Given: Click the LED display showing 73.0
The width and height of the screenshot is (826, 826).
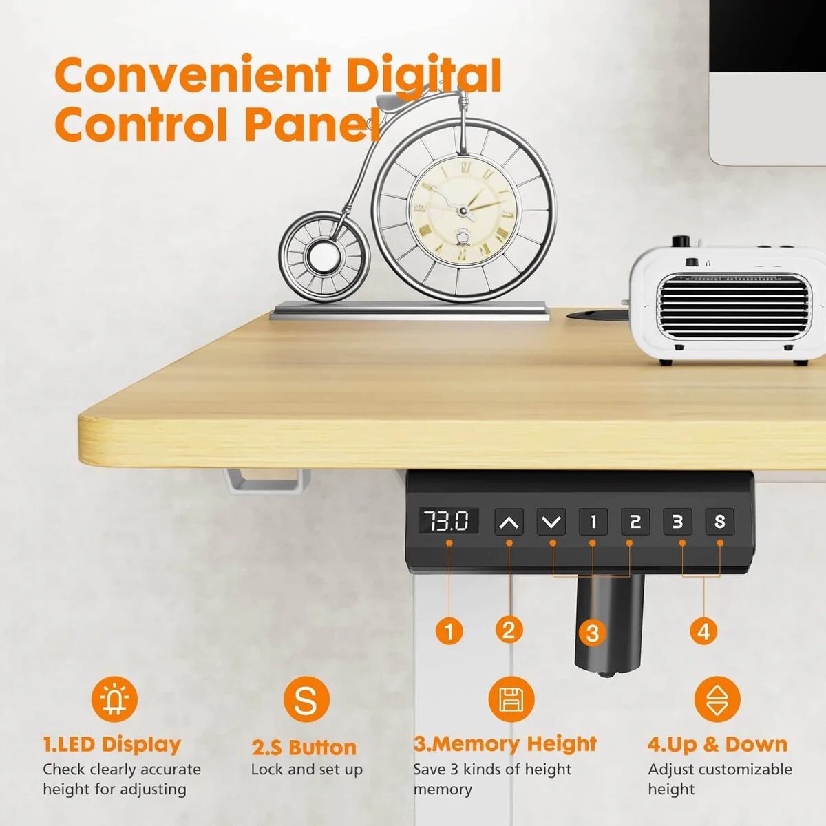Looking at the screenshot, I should point(448,521).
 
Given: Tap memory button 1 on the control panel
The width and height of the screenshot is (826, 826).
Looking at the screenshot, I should point(593,522).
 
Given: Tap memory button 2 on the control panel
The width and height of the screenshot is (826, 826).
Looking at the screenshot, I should point(635,522).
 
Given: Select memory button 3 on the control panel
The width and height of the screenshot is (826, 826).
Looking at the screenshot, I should point(677,522).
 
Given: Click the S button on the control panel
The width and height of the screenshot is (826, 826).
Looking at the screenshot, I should point(719,522).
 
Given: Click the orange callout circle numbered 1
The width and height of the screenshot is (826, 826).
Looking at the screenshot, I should point(449,631).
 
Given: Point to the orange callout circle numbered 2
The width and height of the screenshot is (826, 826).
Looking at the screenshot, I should point(509,630).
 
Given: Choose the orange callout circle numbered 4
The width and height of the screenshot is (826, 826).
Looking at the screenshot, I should point(703,631).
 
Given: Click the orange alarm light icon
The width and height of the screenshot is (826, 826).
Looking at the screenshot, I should point(114,699).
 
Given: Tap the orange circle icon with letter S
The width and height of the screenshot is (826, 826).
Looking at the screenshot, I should point(306,699).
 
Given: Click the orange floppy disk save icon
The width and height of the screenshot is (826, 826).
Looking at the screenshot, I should point(511,699).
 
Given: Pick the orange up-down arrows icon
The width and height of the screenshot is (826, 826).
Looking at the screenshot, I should point(717,699).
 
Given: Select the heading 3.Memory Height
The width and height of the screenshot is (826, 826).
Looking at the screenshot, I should point(505,744).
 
